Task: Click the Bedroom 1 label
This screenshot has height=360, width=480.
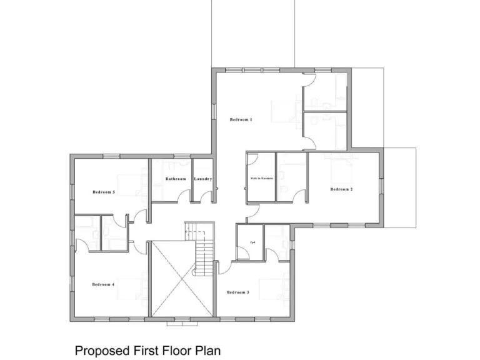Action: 241,119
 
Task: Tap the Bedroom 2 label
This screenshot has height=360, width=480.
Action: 342,189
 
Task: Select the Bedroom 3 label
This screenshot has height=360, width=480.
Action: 238,292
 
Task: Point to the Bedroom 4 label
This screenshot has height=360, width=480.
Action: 103,284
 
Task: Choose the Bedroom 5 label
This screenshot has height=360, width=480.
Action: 104,192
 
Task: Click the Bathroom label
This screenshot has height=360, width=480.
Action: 176,179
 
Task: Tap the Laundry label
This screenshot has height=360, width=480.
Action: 203,179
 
